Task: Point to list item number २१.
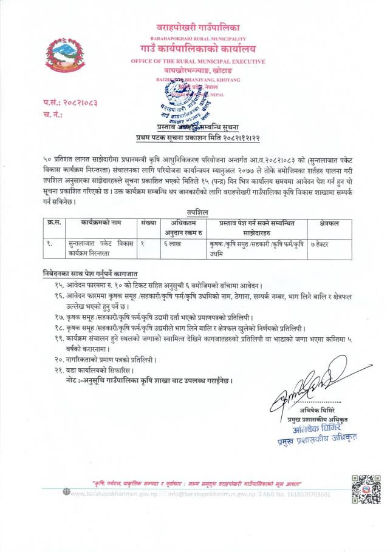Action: tap(97, 369)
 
